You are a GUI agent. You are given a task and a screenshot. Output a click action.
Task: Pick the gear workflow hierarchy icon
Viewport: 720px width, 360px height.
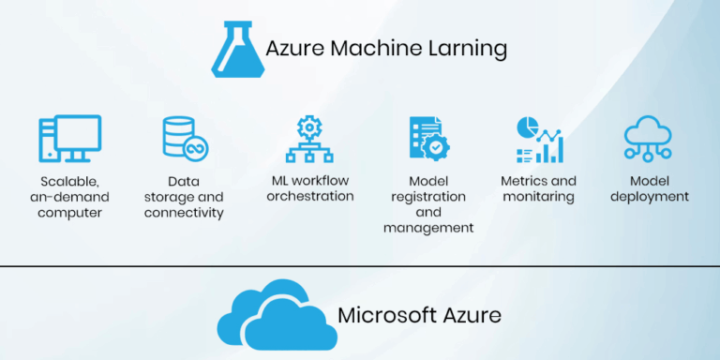coord(309,139)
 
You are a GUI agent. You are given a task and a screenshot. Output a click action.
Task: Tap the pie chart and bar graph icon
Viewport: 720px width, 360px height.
coord(539,139)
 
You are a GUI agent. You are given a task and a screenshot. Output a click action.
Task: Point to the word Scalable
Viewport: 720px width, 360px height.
coord(70,181)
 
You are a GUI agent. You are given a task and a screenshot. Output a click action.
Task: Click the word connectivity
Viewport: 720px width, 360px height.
coord(184,213)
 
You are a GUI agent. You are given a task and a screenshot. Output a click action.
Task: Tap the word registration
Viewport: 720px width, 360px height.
coord(428,197)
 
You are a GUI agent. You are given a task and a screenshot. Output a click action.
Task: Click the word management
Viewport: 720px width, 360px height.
coord(428,228)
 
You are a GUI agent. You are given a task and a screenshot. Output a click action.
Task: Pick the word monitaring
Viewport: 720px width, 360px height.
coord(538,197)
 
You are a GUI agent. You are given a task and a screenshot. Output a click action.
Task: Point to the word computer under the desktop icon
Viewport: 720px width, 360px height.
coord(70,213)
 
